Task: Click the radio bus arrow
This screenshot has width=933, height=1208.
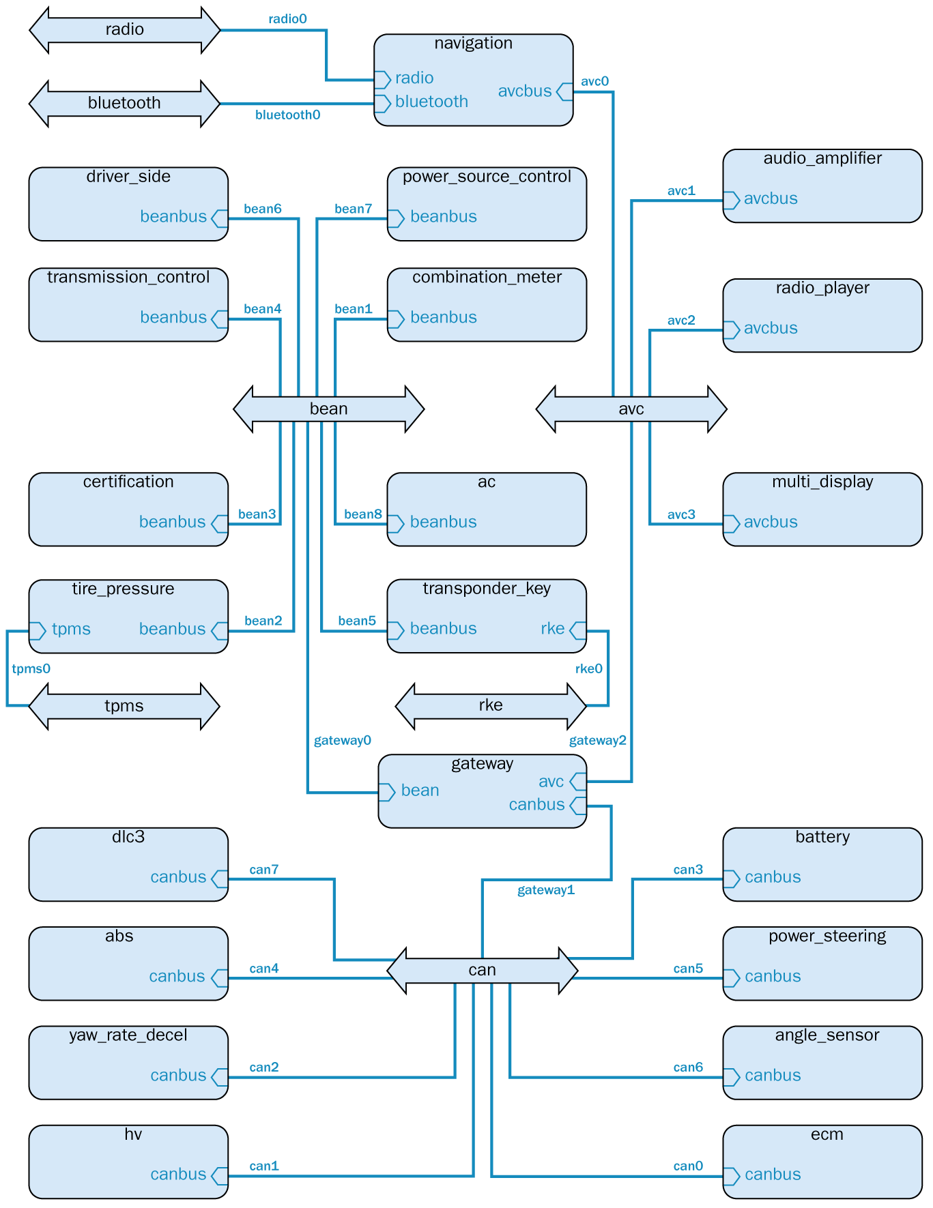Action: (x=124, y=30)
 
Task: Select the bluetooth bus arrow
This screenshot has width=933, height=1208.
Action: (x=124, y=104)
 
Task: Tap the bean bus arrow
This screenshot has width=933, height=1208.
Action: (x=328, y=409)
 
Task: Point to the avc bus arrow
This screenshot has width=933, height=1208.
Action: (x=631, y=409)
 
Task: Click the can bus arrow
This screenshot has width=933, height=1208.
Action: (x=482, y=970)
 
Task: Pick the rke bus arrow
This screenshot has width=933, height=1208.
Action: (x=491, y=706)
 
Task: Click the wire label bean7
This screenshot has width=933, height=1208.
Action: (x=353, y=209)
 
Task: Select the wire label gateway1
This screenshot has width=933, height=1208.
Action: (x=546, y=890)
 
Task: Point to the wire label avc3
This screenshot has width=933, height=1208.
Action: (x=681, y=514)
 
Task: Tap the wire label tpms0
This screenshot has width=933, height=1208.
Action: (x=31, y=669)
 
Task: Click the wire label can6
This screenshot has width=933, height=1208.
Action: (x=688, y=1067)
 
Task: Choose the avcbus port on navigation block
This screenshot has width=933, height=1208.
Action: (x=564, y=91)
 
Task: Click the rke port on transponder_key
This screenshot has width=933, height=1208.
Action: (x=577, y=630)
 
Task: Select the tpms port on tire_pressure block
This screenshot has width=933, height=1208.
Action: (x=38, y=630)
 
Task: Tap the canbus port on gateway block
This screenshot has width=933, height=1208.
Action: (x=577, y=806)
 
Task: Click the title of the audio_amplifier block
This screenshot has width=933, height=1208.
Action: (x=822, y=158)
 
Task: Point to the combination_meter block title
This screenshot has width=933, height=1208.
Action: (x=487, y=277)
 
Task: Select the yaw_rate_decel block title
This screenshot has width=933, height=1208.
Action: (x=128, y=1035)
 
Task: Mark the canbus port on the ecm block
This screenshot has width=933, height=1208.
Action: (x=732, y=1175)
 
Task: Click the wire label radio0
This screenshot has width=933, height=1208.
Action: (x=287, y=19)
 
